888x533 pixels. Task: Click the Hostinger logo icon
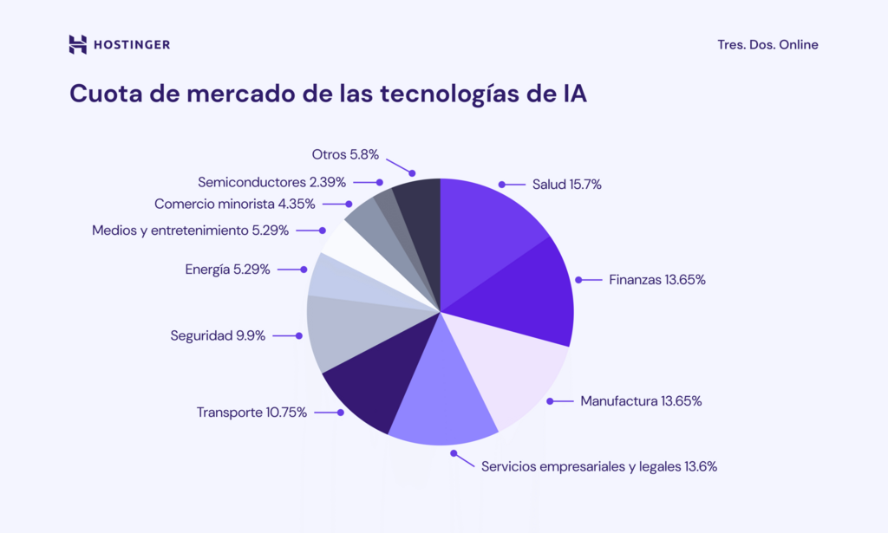point(78,44)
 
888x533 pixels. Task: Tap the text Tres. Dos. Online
point(767,45)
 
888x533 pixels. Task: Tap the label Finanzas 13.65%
point(656,280)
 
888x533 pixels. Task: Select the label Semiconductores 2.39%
point(271,182)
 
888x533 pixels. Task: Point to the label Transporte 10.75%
point(251,413)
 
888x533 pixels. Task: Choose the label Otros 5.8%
point(344,154)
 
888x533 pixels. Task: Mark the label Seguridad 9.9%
point(218,335)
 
